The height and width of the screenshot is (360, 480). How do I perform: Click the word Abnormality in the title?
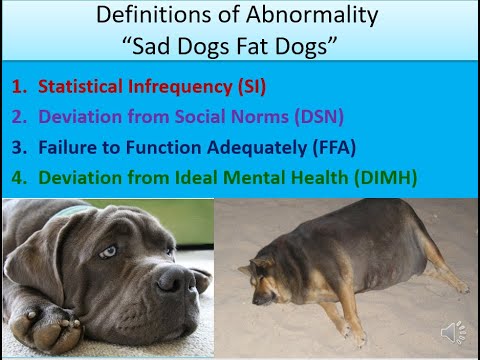[319, 17]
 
